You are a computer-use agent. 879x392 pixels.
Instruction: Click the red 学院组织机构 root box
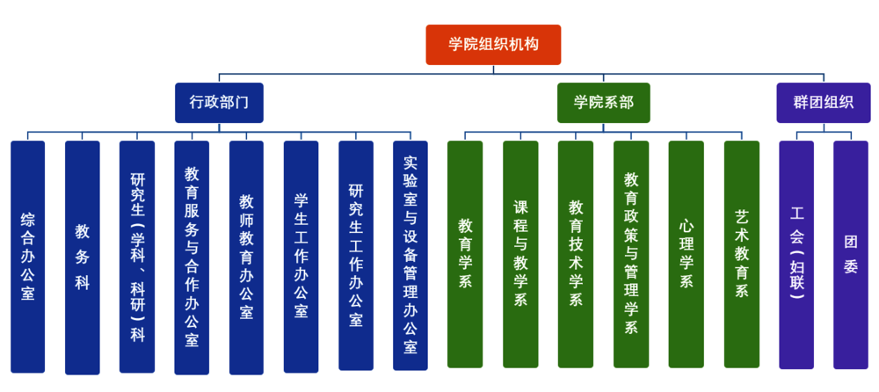pyautogui.click(x=493, y=45)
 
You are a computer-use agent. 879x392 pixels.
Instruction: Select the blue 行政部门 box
pyautogui.click(x=219, y=102)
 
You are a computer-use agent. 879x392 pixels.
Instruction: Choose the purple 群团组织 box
pyautogui.click(x=824, y=102)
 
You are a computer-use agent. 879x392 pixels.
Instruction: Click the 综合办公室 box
pyautogui.click(x=28, y=256)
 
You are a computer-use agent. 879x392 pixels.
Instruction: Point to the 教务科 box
pyautogui.click(x=83, y=256)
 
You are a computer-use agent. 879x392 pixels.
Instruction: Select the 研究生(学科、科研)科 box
pyautogui.click(x=137, y=256)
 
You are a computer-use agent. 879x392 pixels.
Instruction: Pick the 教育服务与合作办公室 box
pyautogui.click(x=192, y=256)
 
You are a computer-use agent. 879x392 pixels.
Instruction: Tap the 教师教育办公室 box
pyautogui.click(x=246, y=256)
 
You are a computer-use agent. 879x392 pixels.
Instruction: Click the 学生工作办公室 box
pyautogui.click(x=301, y=256)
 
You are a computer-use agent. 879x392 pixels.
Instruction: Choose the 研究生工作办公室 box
pyautogui.click(x=356, y=256)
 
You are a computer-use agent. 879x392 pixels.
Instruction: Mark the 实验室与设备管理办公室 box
pyautogui.click(x=410, y=256)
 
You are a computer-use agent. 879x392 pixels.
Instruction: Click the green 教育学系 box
pyautogui.click(x=465, y=254)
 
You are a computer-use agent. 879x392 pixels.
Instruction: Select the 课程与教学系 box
pyautogui.click(x=520, y=254)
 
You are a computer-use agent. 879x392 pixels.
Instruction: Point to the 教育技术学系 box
pyautogui.click(x=576, y=254)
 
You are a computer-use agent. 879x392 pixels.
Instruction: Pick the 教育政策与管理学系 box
pyautogui.click(x=631, y=254)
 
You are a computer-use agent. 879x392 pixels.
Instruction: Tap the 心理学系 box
pyautogui.click(x=686, y=254)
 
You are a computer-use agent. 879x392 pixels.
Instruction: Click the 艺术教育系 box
pyautogui.click(x=742, y=254)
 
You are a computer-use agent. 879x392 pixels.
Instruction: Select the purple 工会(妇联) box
pyautogui.click(x=796, y=254)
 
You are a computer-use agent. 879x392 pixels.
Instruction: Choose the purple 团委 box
pyautogui.click(x=851, y=254)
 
